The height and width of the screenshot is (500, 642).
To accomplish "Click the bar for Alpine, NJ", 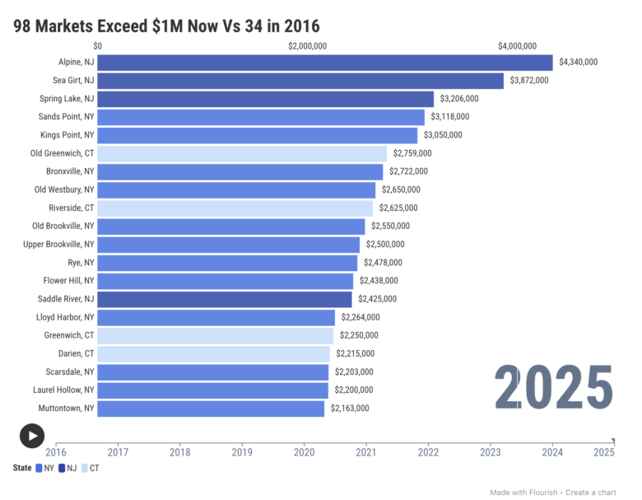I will (325, 63).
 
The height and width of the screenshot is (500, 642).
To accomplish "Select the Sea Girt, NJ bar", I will (300, 81).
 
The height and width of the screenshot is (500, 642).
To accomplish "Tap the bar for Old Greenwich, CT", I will (242, 153).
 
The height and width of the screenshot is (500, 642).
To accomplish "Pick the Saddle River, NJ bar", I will (225, 299).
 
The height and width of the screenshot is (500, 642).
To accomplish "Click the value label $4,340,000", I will (578, 63).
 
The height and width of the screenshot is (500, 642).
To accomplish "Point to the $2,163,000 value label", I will (350, 408).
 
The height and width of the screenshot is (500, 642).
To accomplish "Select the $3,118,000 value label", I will (449, 117).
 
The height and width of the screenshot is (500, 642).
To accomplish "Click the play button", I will (31, 436).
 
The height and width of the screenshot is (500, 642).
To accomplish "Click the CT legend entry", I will (94, 468).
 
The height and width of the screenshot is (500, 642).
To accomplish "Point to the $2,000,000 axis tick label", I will (307, 46).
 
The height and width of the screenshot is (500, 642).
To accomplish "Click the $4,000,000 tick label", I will (517, 46).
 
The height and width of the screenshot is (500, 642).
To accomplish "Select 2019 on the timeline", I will (242, 451).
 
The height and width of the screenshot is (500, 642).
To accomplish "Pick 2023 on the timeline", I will (491, 451).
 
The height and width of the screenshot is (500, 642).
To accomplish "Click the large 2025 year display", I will (553, 387).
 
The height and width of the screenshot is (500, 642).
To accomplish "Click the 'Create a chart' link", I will (591, 493).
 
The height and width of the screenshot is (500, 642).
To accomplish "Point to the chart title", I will (166, 26).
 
